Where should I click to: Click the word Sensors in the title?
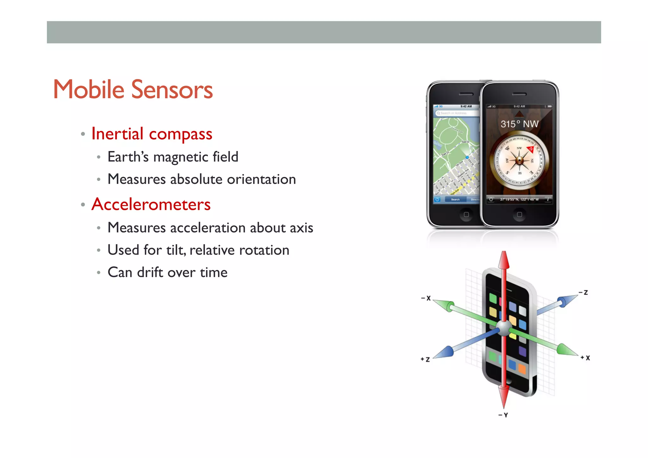[172, 90]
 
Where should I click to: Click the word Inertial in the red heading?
[117, 134]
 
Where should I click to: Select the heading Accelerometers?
[151, 204]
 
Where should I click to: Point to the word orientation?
[261, 179]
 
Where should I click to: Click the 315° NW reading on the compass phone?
[519, 124]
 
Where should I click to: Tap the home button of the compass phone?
[519, 215]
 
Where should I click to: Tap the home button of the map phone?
[466, 215]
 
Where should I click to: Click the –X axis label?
[426, 298]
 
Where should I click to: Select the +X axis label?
[585, 358]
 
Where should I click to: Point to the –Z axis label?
[583, 292]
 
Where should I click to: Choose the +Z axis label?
[425, 360]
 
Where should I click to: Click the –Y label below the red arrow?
[503, 415]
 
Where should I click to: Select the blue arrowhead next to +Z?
[445, 353]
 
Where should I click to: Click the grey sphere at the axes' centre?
[503, 328]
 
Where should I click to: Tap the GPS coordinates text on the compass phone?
[519, 199]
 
